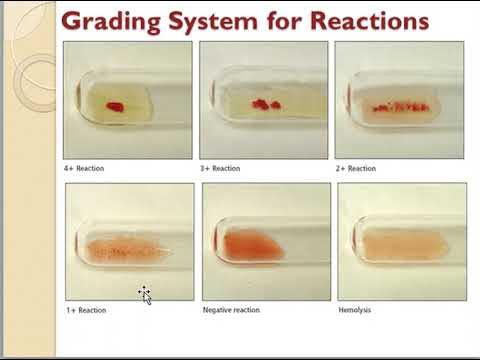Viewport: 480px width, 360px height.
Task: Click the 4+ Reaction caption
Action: (x=84, y=169)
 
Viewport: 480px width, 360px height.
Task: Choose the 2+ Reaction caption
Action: (x=355, y=169)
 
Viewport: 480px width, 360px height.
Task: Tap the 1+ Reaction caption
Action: (x=86, y=310)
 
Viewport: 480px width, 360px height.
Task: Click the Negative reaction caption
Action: (x=231, y=310)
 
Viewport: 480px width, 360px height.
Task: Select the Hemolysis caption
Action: (x=357, y=310)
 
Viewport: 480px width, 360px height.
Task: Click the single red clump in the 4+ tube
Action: (x=115, y=106)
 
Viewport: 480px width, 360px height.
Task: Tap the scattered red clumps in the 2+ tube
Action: (x=399, y=106)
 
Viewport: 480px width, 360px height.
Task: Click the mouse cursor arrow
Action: (x=145, y=295)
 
